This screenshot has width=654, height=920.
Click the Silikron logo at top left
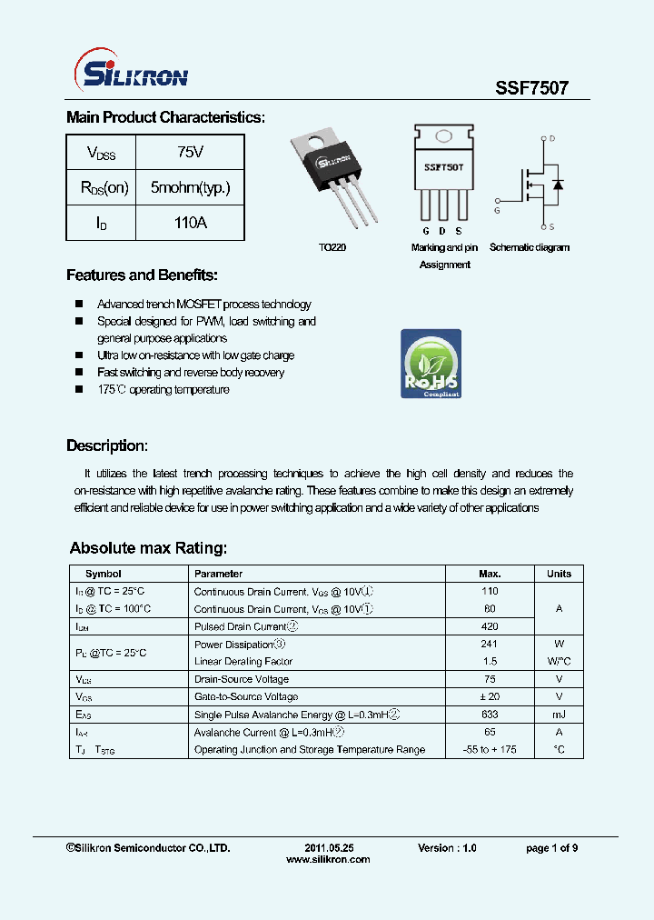pyautogui.click(x=129, y=71)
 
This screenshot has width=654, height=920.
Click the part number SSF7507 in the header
pyautogui.click(x=531, y=88)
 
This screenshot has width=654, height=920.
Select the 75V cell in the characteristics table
pyautogui.click(x=190, y=151)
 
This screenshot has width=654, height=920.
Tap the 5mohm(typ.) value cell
pyautogui.click(x=190, y=187)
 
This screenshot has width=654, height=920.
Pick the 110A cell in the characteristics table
pyautogui.click(x=190, y=222)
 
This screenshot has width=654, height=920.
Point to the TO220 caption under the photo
pyautogui.click(x=332, y=247)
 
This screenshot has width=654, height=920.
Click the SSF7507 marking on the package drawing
pyautogui.click(x=444, y=168)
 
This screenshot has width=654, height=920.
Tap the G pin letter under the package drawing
pyautogui.click(x=425, y=232)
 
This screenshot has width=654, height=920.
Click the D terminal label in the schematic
pyautogui.click(x=552, y=139)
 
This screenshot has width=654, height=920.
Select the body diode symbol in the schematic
pyautogui.click(x=558, y=185)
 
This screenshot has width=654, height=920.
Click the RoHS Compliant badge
pyautogui.click(x=431, y=364)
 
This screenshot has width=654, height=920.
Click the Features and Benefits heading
pyautogui.click(x=142, y=275)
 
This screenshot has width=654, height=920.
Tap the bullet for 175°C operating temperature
pyautogui.click(x=79, y=389)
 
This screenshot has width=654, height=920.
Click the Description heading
pyautogui.click(x=106, y=445)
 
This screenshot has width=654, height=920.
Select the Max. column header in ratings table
pyautogui.click(x=490, y=574)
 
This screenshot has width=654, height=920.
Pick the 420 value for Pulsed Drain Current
pyautogui.click(x=490, y=626)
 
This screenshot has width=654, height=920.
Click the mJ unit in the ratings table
pyautogui.click(x=559, y=715)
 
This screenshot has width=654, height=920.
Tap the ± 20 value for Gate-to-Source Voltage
pyautogui.click(x=490, y=696)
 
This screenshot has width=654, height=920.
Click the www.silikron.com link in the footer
pyautogui.click(x=328, y=859)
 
